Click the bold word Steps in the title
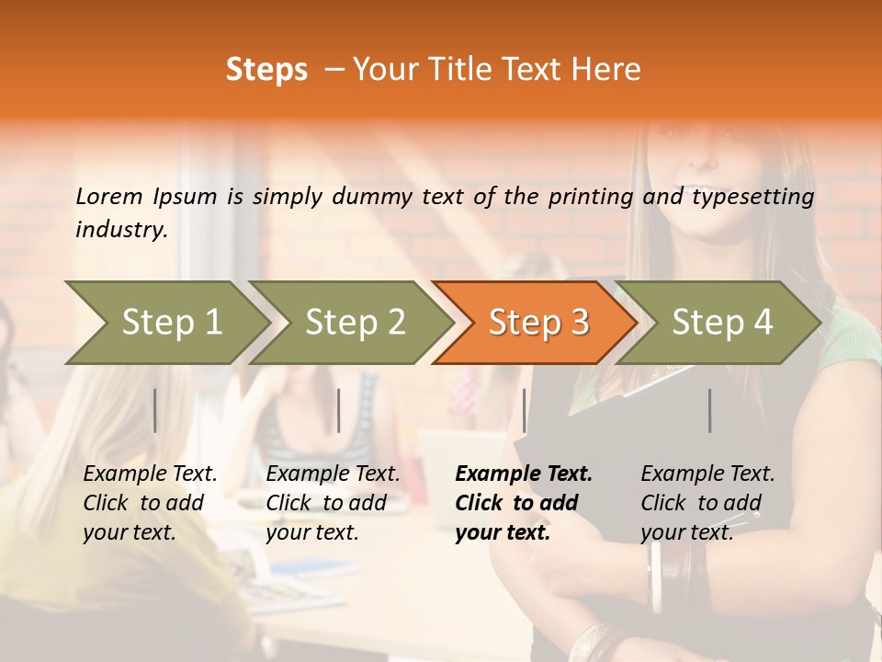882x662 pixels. pos(266,70)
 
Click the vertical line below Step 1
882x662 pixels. pos(155,410)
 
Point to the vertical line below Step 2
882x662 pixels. pos(339,410)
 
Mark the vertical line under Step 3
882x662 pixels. pos(524,410)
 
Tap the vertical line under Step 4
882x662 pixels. pos(709,410)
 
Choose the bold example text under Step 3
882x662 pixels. pos(523,503)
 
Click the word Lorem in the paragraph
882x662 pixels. pos(108,197)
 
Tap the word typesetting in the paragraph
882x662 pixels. pos(752,197)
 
